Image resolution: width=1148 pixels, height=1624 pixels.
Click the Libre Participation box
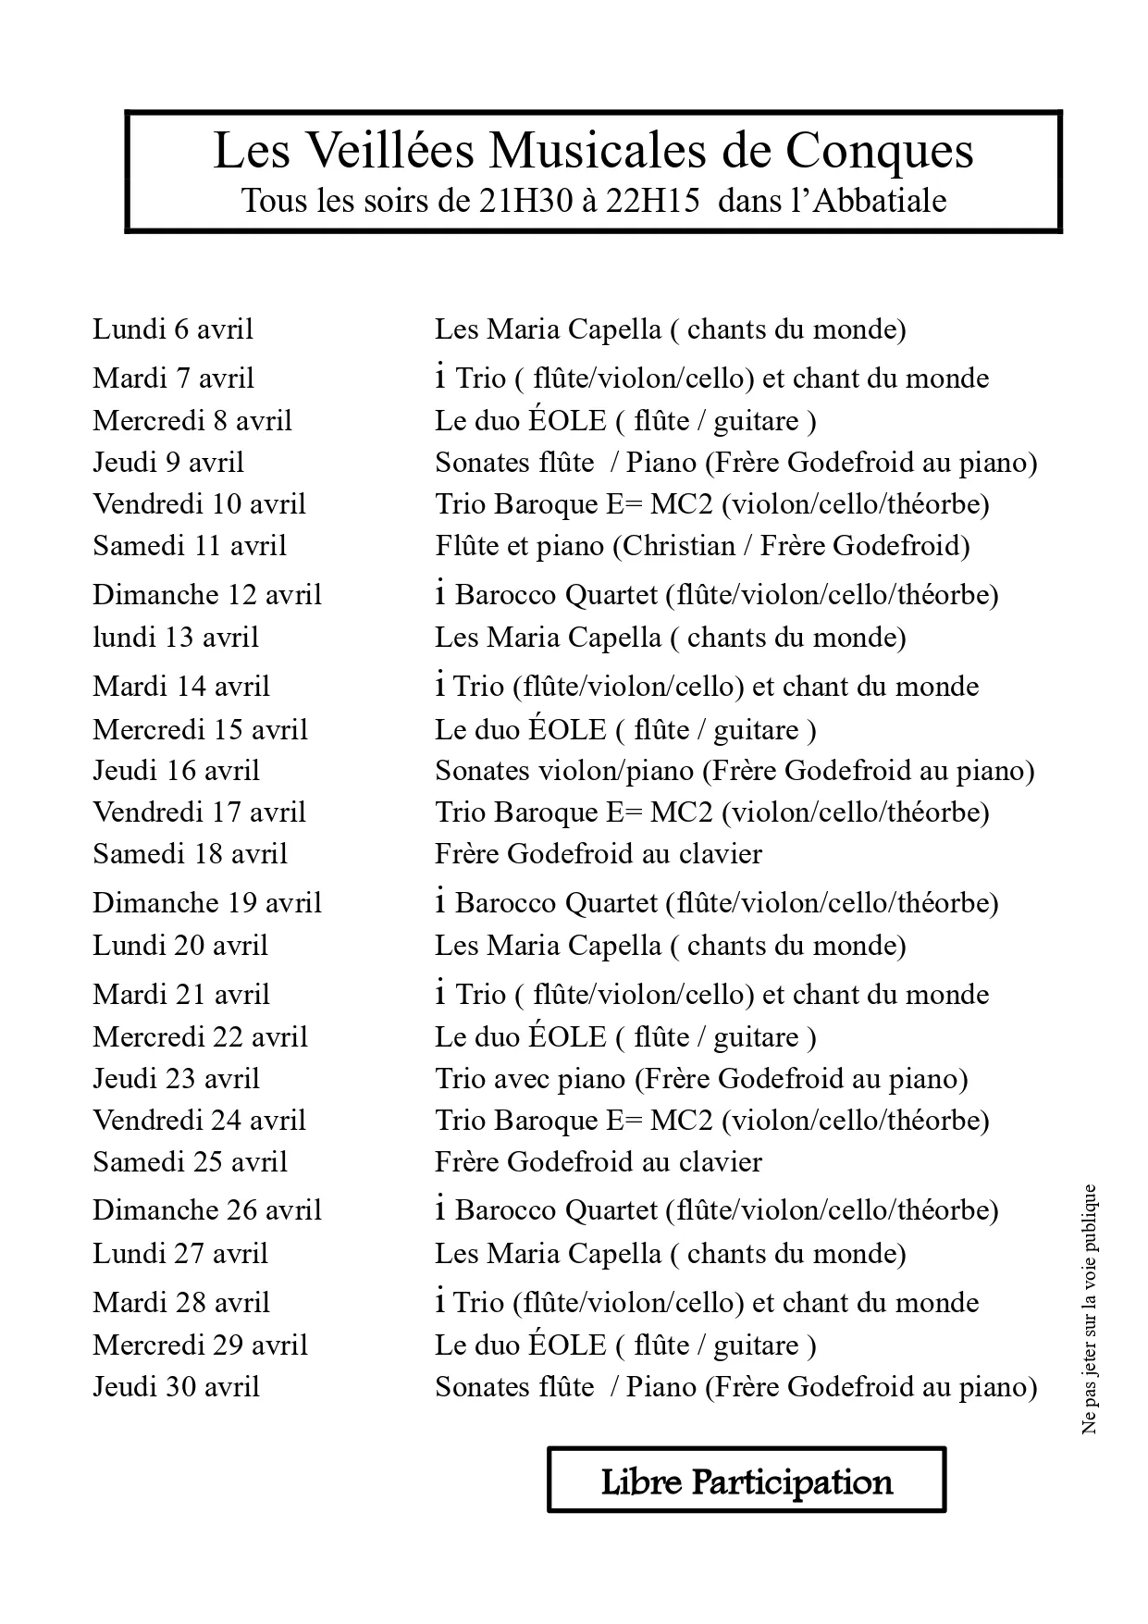[x=747, y=1481]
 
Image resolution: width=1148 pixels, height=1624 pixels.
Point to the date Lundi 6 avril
[x=173, y=329]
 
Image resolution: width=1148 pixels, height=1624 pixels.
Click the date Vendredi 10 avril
[x=199, y=503]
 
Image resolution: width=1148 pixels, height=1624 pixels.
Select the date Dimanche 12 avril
[x=207, y=594]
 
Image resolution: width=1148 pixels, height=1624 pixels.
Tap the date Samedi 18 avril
[x=190, y=853]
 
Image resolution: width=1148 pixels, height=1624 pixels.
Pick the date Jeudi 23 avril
[x=176, y=1078]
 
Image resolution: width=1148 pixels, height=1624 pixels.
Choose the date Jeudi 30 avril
[x=176, y=1386]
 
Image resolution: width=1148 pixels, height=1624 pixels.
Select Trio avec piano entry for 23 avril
[x=531, y=1078]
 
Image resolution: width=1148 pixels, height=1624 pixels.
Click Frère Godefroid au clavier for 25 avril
[x=599, y=1161]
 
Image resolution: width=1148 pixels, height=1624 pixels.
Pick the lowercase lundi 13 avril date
[x=176, y=637]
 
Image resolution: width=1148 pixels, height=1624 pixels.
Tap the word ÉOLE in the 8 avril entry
[x=567, y=421]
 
